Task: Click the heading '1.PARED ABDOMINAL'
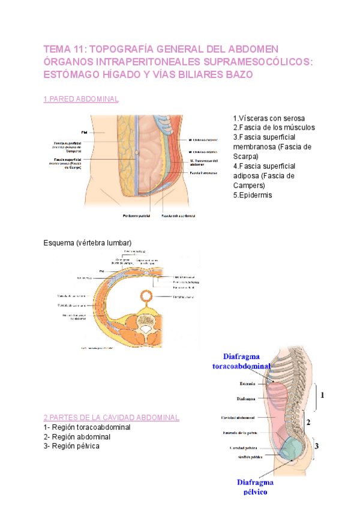click(x=82, y=99)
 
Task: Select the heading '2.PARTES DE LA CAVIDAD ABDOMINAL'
click(x=112, y=417)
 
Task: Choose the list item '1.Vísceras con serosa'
click(x=268, y=118)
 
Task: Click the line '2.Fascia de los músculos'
click(x=274, y=128)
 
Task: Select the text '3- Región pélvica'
click(x=72, y=446)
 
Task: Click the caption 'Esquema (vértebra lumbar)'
click(x=88, y=242)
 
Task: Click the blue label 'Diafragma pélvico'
click(x=255, y=487)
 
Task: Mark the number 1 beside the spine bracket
click(x=322, y=395)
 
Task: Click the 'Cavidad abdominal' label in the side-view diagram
click(x=238, y=417)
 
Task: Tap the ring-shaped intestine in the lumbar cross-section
click(x=146, y=297)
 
